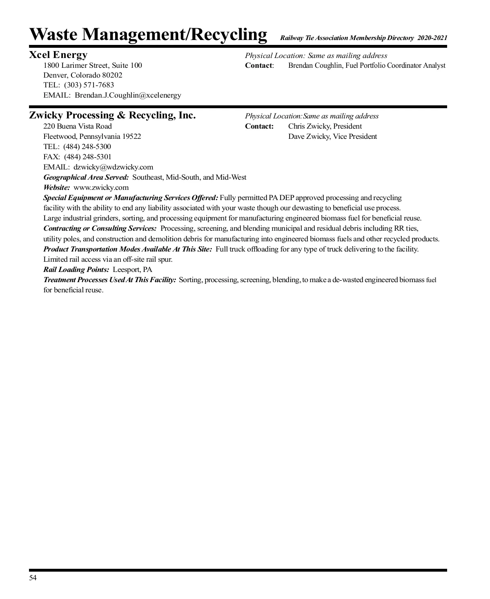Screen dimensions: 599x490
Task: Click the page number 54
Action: [33, 578]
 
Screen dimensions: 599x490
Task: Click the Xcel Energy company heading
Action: [58, 55]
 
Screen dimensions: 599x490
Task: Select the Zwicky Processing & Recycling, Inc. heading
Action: [112, 116]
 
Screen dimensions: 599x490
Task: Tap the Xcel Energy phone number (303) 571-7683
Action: [89, 85]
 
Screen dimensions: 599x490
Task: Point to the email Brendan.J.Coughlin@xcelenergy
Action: [128, 96]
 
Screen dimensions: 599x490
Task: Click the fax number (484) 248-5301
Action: [88, 157]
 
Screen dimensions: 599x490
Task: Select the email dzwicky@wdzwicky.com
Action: [113, 167]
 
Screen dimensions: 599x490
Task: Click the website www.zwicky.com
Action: [101, 188]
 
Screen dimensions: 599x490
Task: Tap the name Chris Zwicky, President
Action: [325, 126]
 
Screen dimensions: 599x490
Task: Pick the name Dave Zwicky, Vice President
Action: [332, 136]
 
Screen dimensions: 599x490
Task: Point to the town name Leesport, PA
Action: [132, 269]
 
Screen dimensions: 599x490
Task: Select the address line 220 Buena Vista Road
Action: [78, 126]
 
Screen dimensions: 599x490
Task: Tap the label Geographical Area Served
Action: [86, 177]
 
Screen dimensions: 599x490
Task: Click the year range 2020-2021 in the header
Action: [432, 38]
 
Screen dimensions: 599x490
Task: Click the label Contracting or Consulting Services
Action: [100, 228]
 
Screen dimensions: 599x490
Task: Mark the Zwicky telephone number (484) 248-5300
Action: [87, 147]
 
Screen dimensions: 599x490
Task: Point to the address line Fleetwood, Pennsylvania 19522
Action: [92, 136]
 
